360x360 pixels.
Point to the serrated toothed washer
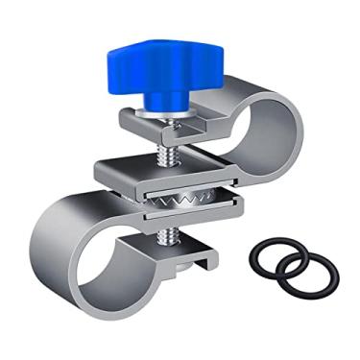point(192,199)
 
